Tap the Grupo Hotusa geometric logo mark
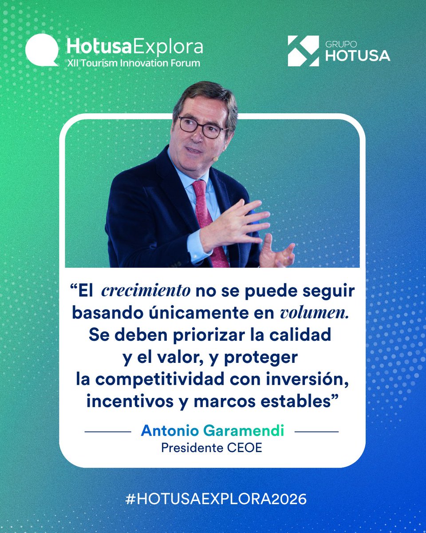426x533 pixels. (303, 51)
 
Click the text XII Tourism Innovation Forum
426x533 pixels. (133, 63)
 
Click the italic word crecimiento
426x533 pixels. (146, 291)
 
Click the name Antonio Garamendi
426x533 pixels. (212, 431)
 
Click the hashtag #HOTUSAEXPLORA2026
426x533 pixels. (216, 499)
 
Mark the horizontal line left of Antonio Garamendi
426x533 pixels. (108, 431)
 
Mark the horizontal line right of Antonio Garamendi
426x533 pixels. (316, 431)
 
